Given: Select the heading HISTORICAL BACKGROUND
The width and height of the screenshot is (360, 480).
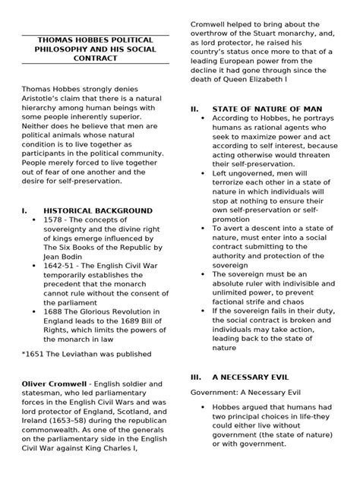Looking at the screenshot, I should click(97, 210).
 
